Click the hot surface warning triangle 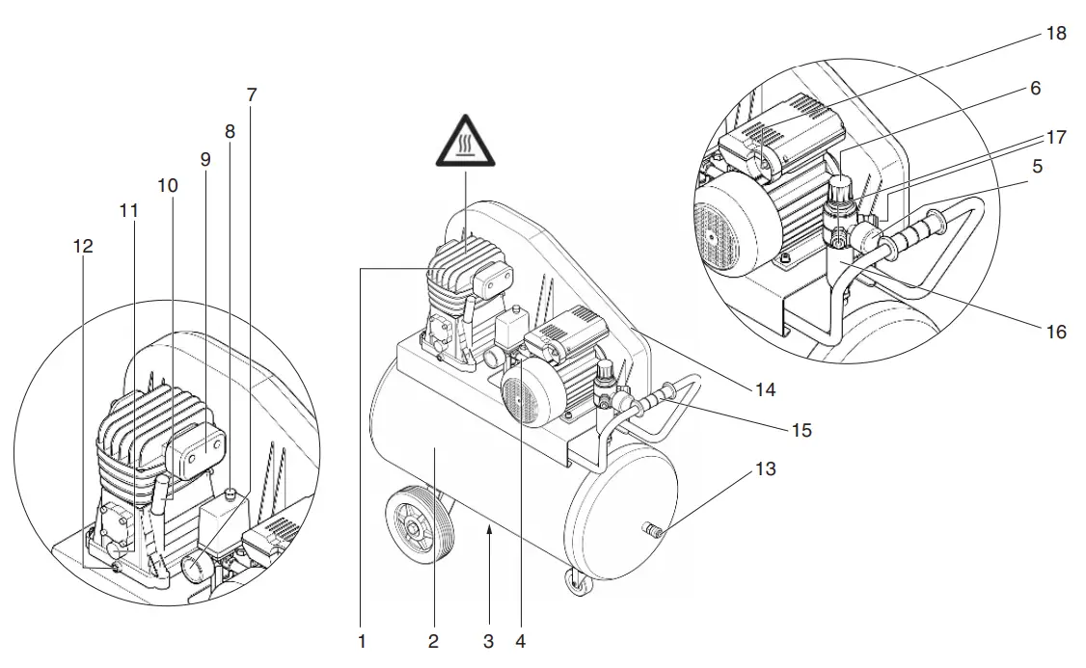[465, 142]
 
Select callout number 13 [766, 469]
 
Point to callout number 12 [83, 247]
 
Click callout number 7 [252, 94]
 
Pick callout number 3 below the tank [489, 641]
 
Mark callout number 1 [362, 641]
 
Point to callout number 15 [800, 429]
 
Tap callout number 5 [1037, 166]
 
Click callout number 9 [204, 159]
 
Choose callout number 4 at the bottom [521, 641]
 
